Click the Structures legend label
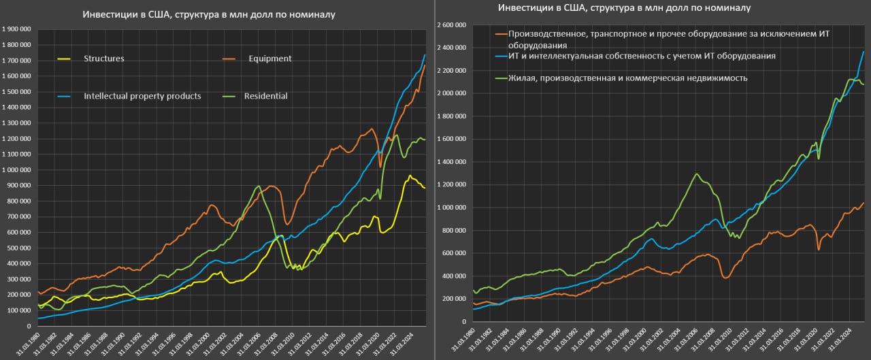pos(103,59)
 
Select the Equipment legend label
pos(269,59)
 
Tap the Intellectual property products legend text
pos(142,96)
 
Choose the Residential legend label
pos(265,96)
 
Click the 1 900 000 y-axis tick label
pos(19,29)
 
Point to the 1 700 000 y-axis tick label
pos(19,61)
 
